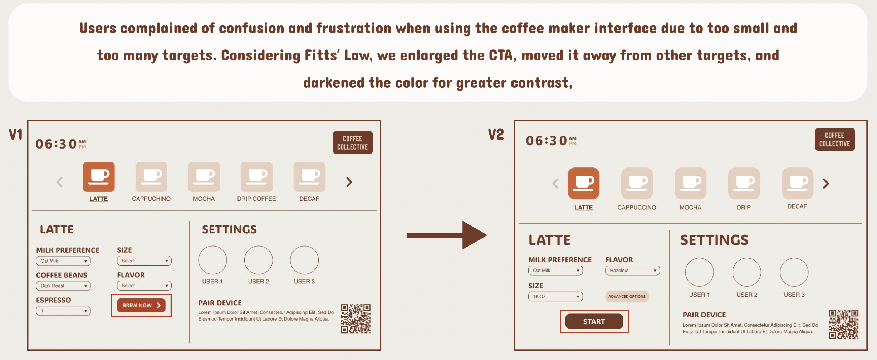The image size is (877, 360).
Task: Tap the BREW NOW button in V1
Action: [x=141, y=305]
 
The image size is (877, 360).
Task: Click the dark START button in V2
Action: [x=594, y=321]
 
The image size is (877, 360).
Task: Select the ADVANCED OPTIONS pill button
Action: [x=627, y=296]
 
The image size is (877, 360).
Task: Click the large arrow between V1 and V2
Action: [x=447, y=235]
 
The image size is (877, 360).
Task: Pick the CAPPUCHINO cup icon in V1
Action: [x=151, y=177]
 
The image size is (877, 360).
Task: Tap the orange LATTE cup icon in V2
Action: [x=583, y=183]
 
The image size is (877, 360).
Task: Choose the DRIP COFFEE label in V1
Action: [x=256, y=199]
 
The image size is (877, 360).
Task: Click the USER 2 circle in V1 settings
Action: [x=258, y=260]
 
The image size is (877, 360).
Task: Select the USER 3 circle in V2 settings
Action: [x=794, y=272]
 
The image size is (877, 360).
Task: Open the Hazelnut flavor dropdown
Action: [x=632, y=271]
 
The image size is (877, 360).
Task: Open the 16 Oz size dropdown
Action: [x=555, y=296]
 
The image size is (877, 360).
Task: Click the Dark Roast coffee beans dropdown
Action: [x=63, y=286]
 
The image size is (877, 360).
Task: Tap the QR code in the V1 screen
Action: [x=356, y=318]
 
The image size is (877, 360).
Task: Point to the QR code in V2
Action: [x=843, y=324]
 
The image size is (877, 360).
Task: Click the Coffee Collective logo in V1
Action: [x=353, y=143]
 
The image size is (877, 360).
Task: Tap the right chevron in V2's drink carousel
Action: [x=826, y=184]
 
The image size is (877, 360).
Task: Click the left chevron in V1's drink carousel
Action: [x=60, y=182]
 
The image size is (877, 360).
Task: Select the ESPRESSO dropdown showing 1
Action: [x=63, y=311]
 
